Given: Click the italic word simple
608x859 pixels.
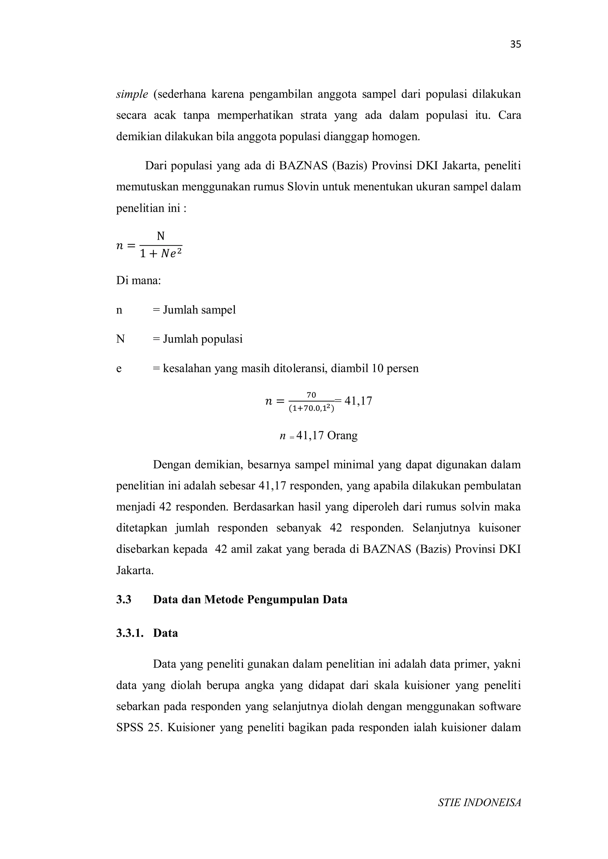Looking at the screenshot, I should (132, 94).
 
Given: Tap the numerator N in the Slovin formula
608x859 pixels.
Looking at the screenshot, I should (160, 236).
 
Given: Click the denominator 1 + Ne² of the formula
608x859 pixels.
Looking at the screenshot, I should (161, 254).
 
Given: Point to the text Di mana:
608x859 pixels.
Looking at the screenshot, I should (139, 280).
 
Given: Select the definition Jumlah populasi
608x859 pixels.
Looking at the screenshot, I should (202, 339).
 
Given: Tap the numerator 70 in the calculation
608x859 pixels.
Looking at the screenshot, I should (311, 395).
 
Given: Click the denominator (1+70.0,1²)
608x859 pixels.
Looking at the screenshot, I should (311, 408).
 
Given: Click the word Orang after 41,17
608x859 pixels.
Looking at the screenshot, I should (342, 435).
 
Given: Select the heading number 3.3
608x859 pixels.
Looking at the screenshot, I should (123, 600).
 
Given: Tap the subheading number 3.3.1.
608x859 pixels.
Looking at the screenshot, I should (129, 633).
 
